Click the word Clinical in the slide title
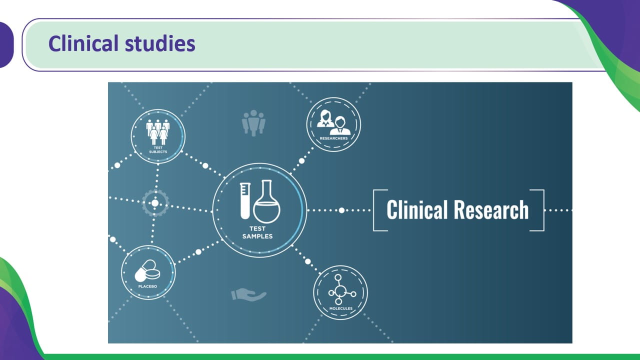point(83,43)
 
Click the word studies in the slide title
point(160,43)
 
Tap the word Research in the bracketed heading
point(491,210)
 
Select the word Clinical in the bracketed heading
point(417,210)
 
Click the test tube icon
point(245,201)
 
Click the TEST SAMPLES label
point(257,232)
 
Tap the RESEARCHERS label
point(333,138)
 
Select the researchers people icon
point(333,122)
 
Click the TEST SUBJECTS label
point(158,149)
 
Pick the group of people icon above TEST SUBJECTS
point(158,132)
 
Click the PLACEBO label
point(147,286)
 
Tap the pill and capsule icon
point(147,270)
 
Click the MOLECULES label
point(341,308)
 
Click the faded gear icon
point(155,203)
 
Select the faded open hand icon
point(248,294)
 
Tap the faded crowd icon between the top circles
point(253,123)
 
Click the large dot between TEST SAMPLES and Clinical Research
point(341,210)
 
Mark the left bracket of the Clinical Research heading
point(374,210)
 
